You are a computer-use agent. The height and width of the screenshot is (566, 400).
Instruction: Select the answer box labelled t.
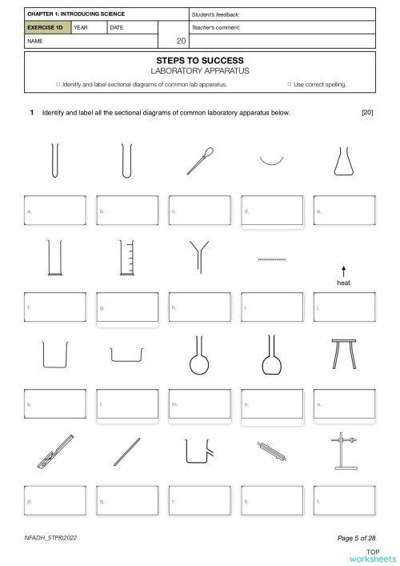tap(344, 500)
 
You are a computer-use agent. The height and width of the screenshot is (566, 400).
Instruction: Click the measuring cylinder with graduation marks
tap(126, 258)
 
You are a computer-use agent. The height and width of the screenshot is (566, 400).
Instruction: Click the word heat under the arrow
tap(343, 283)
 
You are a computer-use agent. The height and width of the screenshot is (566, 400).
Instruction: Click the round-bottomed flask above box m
tap(199, 355)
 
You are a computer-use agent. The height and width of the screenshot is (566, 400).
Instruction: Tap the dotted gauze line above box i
tap(271, 259)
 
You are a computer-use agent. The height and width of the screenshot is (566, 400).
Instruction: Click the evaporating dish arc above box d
tap(271, 160)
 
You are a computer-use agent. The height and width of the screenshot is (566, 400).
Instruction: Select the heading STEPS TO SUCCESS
tap(200, 60)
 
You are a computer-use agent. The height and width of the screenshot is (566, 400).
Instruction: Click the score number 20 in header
tap(181, 40)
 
